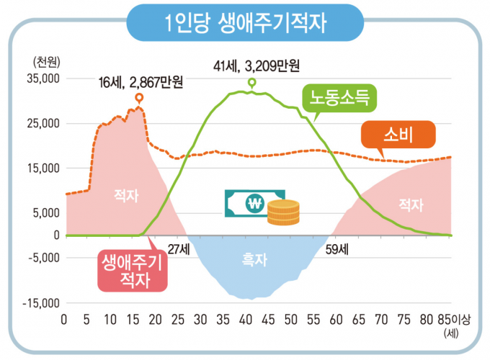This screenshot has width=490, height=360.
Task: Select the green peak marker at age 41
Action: point(251,83)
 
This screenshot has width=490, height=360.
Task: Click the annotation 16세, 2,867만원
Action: point(141,82)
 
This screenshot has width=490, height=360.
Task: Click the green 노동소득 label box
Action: point(340,97)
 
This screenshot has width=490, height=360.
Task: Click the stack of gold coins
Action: point(282,213)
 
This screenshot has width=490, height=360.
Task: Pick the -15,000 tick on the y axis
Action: point(40,303)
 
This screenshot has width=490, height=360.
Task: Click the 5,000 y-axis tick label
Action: point(47,213)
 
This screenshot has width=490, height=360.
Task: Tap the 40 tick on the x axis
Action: point(246,320)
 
